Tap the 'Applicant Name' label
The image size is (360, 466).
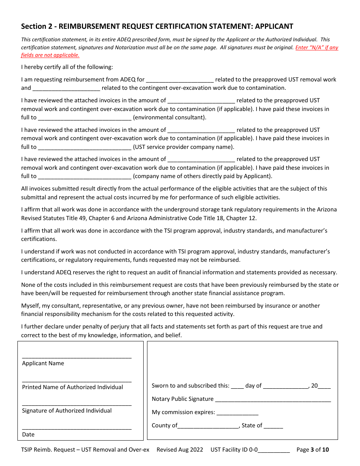43,364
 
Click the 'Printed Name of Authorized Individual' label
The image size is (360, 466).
72,387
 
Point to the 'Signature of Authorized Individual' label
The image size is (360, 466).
67,411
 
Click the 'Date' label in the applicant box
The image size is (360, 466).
28,435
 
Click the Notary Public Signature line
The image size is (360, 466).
273,399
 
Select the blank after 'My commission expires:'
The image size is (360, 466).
237,412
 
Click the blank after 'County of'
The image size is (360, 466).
208,425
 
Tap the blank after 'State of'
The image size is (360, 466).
273,425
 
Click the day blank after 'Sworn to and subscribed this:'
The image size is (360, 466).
237,386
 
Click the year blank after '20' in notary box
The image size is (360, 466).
324,386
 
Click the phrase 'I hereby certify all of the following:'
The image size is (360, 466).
67,67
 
